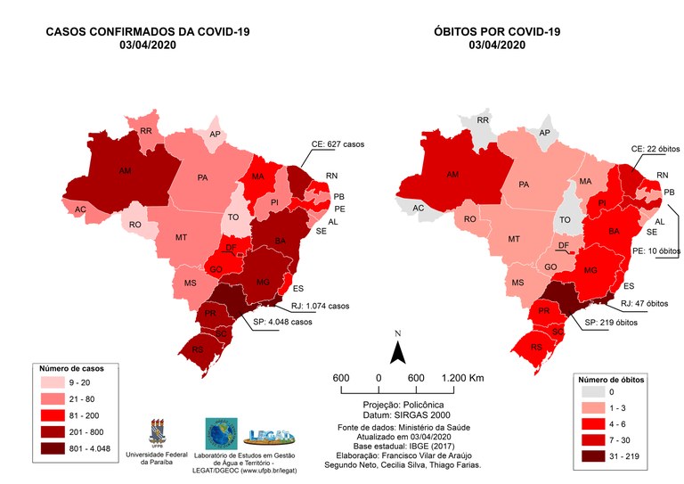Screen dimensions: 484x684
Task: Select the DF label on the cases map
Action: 230,248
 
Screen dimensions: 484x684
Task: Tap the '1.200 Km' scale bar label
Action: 462,378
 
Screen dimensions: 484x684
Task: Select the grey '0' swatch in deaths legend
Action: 594,391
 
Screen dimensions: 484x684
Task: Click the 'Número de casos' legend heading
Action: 72,366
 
